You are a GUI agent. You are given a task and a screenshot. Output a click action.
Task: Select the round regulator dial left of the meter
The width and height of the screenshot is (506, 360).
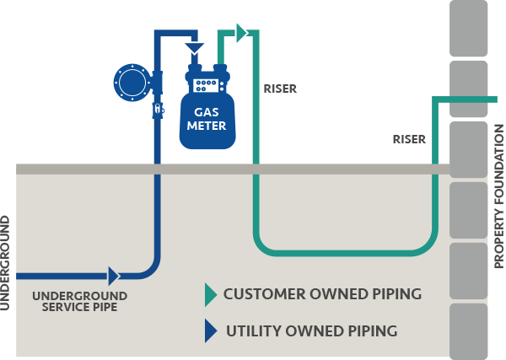pyautogui.click(x=132, y=82)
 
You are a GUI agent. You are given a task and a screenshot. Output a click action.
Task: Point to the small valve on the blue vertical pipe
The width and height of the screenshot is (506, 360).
pyautogui.click(x=157, y=109)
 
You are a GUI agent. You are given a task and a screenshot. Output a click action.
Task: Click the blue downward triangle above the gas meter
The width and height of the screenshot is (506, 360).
pyautogui.click(x=195, y=47)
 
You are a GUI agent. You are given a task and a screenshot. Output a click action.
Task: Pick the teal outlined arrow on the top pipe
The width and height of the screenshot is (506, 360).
pyautogui.click(x=241, y=33)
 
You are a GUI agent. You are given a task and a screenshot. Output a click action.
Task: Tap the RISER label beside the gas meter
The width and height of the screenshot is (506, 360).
pyautogui.click(x=280, y=88)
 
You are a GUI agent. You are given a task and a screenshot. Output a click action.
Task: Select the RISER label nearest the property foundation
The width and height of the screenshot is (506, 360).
pyautogui.click(x=409, y=139)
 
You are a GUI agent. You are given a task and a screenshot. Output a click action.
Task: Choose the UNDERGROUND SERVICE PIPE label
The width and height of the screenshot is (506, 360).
pyautogui.click(x=79, y=301)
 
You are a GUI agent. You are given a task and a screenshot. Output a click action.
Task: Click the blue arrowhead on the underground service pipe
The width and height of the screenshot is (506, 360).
pyautogui.click(x=114, y=276)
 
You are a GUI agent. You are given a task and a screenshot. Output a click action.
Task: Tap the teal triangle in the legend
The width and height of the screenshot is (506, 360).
pyautogui.click(x=210, y=294)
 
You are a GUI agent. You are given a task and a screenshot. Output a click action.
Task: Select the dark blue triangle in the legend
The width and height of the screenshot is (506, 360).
pyautogui.click(x=210, y=331)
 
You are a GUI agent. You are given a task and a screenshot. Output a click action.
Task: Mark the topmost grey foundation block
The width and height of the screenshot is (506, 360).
pyautogui.click(x=469, y=25)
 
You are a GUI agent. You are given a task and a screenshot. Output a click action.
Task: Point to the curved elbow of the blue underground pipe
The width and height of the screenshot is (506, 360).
pyautogui.click(x=151, y=268)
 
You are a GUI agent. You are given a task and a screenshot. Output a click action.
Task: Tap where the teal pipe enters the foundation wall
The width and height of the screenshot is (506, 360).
pyautogui.click(x=450, y=99)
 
